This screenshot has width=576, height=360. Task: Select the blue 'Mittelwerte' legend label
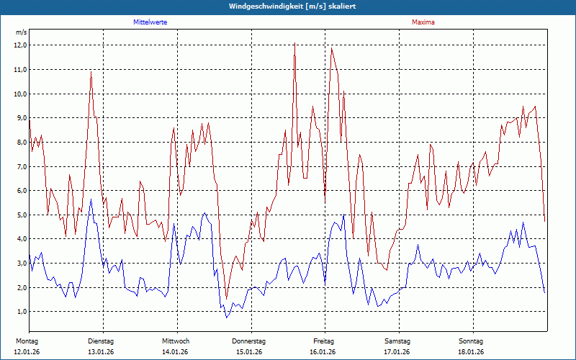click(150, 22)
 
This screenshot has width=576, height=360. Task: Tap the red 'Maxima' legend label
click(423, 22)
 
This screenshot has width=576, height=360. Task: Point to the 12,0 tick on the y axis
click(20, 45)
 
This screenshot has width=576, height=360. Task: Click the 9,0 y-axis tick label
click(20, 118)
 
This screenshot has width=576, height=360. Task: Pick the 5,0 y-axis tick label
click(20, 215)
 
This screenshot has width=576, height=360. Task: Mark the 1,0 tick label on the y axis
click(20, 312)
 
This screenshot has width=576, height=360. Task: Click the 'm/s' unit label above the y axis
click(22, 33)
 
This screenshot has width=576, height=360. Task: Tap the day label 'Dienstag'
click(101, 341)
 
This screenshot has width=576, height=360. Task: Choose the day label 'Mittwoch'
click(176, 341)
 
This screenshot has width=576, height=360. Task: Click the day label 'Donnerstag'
click(249, 341)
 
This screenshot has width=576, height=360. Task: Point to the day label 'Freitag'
click(324, 341)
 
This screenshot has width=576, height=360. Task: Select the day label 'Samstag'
click(397, 341)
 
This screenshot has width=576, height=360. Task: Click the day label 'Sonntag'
click(472, 341)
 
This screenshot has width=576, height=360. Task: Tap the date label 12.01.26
click(27, 352)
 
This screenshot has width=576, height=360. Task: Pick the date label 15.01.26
click(249, 352)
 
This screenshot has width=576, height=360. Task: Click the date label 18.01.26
click(472, 352)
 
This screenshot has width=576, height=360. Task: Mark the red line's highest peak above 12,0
click(294, 44)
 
